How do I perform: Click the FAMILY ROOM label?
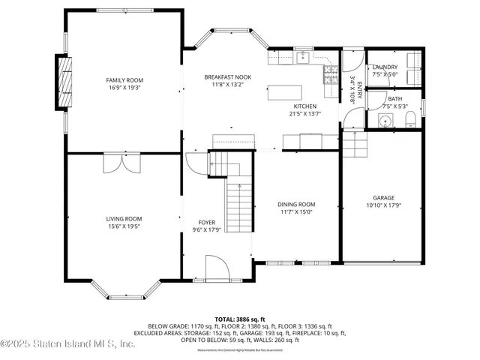(x=124, y=80)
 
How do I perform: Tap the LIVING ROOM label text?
(x=124, y=219)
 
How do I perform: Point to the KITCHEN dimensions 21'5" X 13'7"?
(x=304, y=114)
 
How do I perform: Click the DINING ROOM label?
(x=297, y=204)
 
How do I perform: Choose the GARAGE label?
(x=383, y=198)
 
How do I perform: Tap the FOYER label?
(x=207, y=223)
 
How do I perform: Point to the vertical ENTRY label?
(x=358, y=88)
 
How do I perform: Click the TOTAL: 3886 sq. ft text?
(x=240, y=319)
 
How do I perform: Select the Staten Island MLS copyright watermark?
(x=67, y=344)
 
